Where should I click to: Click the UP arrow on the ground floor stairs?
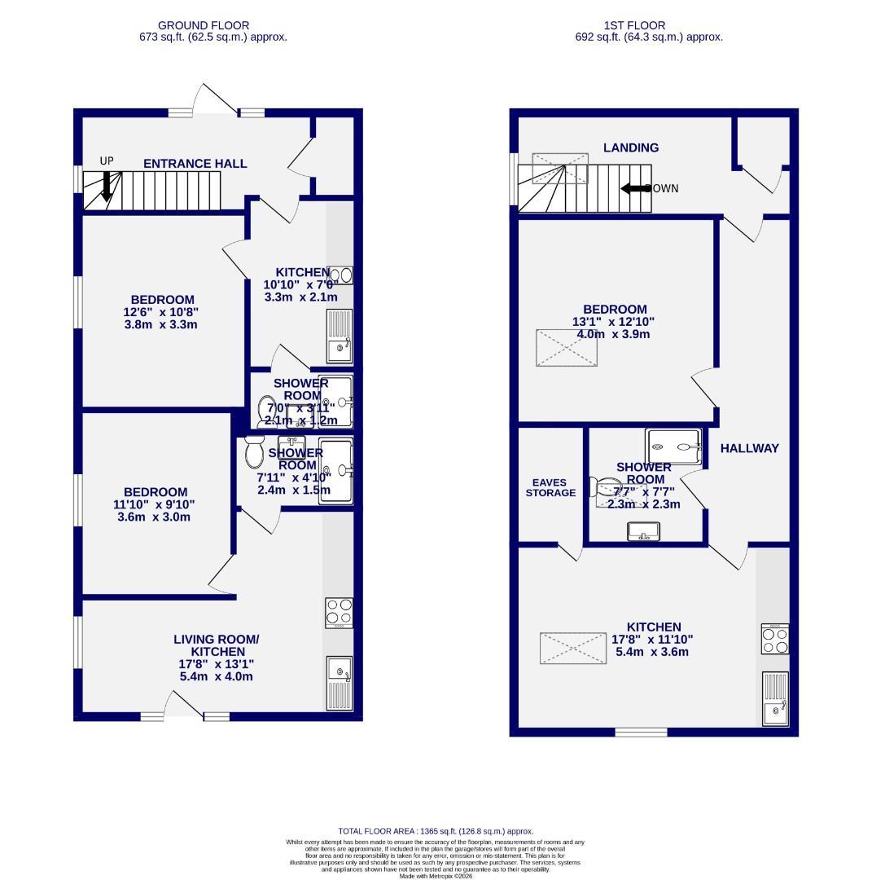pos(106,187)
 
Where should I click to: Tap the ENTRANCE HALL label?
pos(195,164)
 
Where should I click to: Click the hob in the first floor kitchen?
pos(775,638)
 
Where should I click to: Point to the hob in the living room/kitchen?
pos(339,613)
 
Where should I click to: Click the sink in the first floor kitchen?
pos(775,698)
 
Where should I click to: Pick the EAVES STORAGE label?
pos(550,488)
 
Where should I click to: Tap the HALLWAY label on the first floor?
pos(749,448)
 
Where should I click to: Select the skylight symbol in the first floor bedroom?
pos(566,348)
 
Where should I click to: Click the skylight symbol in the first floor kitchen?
pos(573,648)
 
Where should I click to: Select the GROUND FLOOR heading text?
pos(204,25)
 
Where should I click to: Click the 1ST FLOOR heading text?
pos(635,25)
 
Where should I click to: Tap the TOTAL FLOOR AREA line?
pos(436,832)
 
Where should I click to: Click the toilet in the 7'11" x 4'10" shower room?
pos(255,453)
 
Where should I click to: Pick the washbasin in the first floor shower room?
pos(644,532)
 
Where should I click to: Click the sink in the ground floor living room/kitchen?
pos(339,682)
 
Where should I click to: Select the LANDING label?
pos(631,147)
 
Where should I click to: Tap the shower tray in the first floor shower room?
pos(673,446)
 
